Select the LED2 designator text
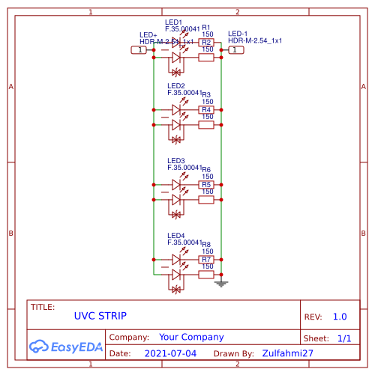[x=175, y=86]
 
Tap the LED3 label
[x=175, y=161]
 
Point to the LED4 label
[x=175, y=236]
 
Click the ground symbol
[x=220, y=283]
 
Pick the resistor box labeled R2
[x=206, y=43]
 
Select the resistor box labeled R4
[x=206, y=110]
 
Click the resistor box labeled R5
[x=206, y=185]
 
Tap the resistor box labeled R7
[x=206, y=260]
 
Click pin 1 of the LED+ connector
[x=139, y=49]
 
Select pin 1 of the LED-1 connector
[x=235, y=49]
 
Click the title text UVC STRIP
[x=100, y=316]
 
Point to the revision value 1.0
[x=340, y=317]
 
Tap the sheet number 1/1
[x=344, y=338]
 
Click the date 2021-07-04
[x=170, y=353]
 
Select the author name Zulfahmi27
[x=287, y=353]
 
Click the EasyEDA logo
[x=66, y=346]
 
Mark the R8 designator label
[x=206, y=244]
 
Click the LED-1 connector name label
[x=238, y=34]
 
